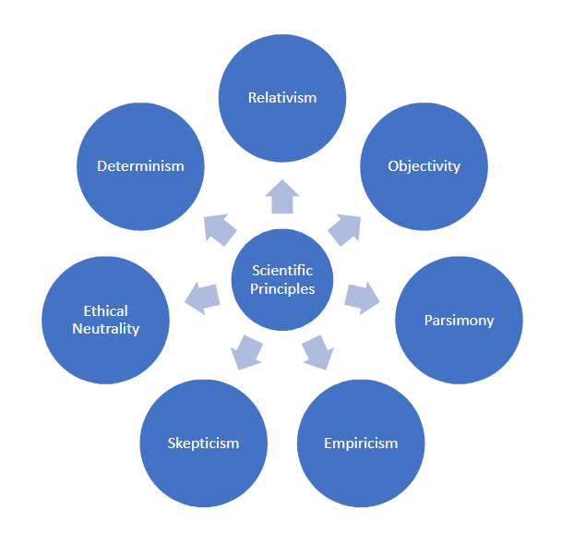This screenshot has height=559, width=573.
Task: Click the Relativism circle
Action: tap(282, 98)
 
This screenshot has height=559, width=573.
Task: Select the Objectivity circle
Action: tap(424, 166)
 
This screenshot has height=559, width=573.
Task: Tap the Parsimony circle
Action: tap(459, 320)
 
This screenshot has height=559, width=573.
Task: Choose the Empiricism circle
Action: tap(361, 443)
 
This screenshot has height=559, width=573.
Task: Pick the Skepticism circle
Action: tap(204, 443)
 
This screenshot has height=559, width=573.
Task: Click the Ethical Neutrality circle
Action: tap(105, 320)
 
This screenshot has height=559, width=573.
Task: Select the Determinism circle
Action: tap(140, 166)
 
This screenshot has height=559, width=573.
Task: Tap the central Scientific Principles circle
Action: tap(282, 280)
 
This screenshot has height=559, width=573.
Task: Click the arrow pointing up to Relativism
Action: tap(282, 197)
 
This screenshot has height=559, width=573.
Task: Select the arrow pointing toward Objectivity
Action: tap(345, 229)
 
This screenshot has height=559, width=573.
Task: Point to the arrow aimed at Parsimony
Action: tap(362, 298)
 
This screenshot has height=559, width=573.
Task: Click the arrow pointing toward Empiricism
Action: tap(318, 352)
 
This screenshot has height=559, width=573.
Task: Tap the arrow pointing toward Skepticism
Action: tap(246, 352)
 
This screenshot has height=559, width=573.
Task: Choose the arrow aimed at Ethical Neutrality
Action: tap(203, 298)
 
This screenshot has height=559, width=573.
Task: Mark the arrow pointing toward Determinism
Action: tap(220, 229)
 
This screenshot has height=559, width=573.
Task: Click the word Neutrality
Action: tap(105, 329)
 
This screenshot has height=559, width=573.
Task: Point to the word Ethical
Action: tap(105, 311)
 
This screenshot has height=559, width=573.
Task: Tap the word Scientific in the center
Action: tap(282, 271)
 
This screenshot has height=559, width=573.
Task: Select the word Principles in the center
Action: tap(282, 289)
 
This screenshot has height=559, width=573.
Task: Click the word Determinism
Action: tap(140, 166)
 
